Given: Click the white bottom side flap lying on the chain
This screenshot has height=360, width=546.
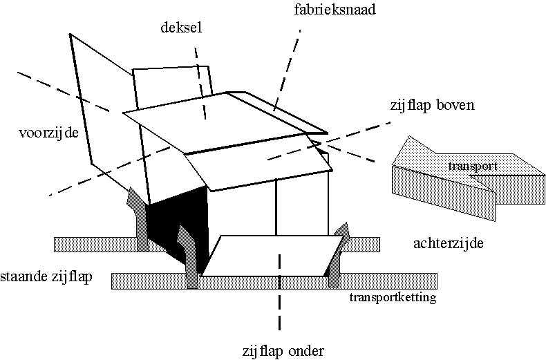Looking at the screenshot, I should (x=270, y=256).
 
